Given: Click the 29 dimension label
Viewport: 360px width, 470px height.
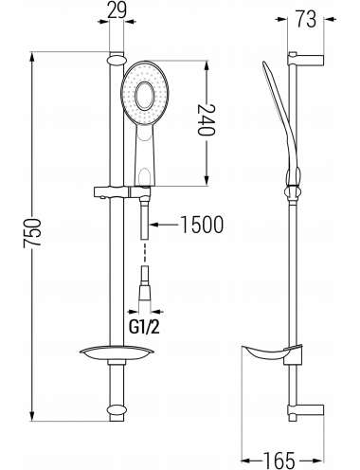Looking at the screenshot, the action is click(117, 9).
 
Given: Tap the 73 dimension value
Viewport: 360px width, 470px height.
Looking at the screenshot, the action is click(305, 19).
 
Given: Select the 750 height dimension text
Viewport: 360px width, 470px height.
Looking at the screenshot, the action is click(32, 232).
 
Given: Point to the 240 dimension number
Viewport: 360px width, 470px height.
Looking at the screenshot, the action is click(207, 120).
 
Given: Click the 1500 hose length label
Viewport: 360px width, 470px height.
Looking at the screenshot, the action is click(202, 225).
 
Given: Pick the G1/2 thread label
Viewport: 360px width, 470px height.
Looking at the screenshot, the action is click(144, 328).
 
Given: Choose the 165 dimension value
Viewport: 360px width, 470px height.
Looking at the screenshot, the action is click(279, 461).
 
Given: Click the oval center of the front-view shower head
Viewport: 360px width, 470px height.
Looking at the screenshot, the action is click(145, 96).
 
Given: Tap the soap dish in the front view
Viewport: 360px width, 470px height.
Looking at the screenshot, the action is click(117, 353).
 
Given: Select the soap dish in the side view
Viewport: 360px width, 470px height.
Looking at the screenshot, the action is click(271, 353).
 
